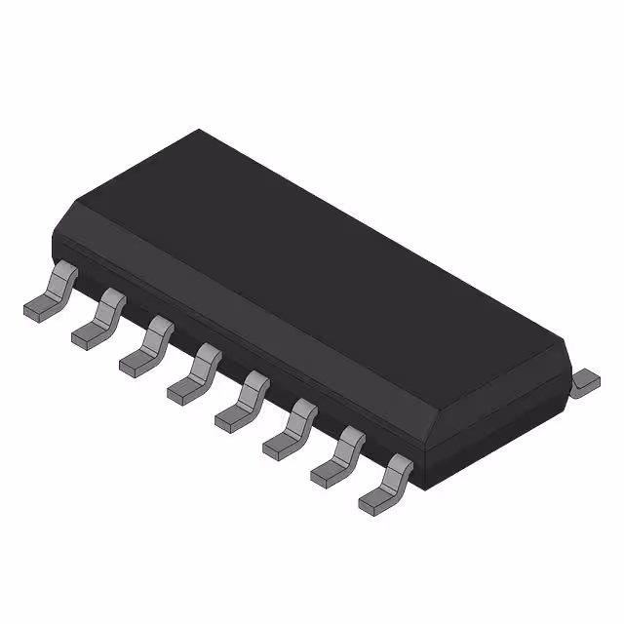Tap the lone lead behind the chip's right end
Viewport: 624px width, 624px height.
(586, 380)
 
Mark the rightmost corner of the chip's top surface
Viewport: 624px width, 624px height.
(566, 340)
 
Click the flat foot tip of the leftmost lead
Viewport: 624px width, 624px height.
(35, 311)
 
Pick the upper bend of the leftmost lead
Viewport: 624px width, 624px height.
(61, 271)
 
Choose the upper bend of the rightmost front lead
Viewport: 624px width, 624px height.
(398, 465)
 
